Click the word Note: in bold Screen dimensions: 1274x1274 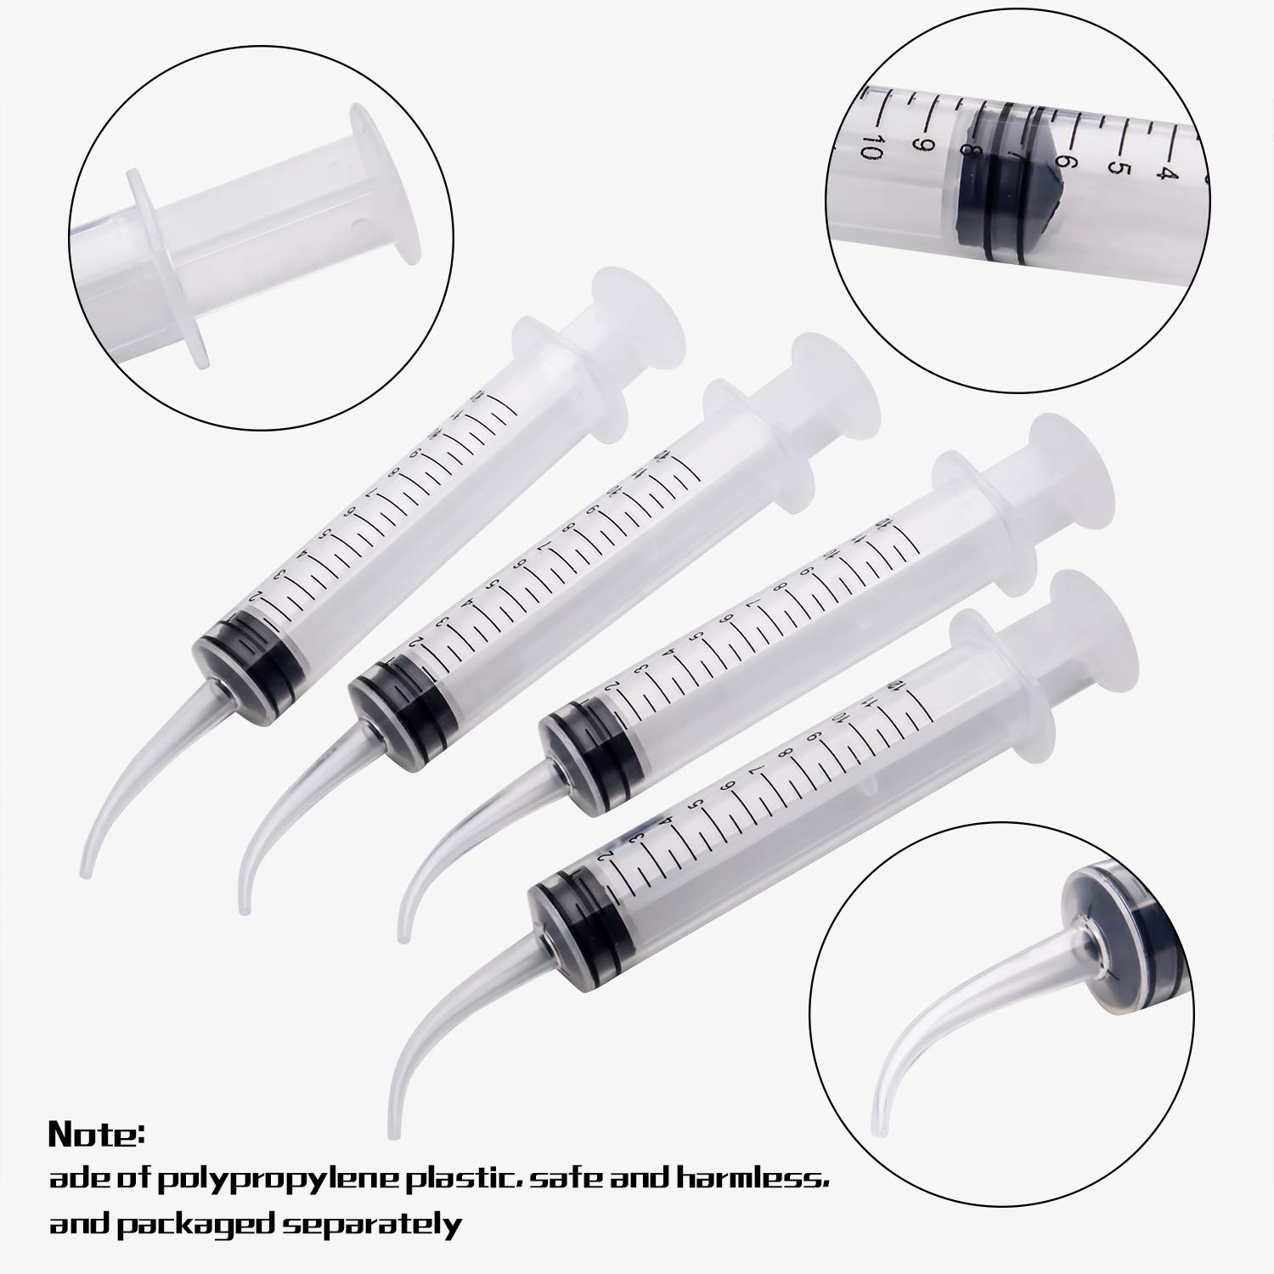[x=97, y=1134]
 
